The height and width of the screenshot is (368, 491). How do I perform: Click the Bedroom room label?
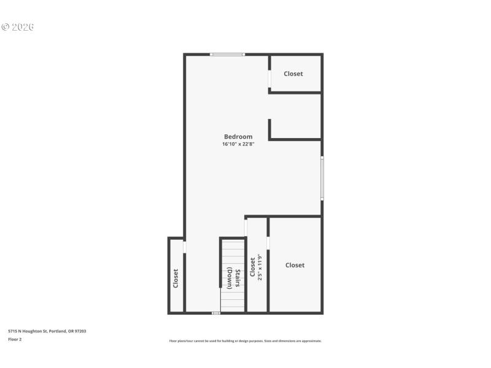tap(238, 137)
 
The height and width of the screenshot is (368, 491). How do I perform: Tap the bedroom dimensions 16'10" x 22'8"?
tap(238, 145)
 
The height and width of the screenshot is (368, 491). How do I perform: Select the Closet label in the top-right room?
tap(293, 74)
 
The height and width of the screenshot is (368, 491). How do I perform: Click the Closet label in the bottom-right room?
tap(295, 265)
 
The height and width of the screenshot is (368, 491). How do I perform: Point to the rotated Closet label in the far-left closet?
tap(176, 278)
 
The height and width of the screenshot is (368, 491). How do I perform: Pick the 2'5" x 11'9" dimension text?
tap(260, 267)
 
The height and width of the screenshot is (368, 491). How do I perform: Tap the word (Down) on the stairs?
tap(230, 278)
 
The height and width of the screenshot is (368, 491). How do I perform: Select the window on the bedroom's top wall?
tap(227, 55)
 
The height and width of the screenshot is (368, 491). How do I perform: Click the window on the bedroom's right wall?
tap(322, 178)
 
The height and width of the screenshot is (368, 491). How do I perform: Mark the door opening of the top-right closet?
tap(269, 79)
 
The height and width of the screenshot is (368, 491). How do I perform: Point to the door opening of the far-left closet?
tap(184, 247)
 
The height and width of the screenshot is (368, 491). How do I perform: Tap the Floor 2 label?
tap(15, 339)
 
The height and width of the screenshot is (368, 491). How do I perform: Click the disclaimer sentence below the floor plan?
tap(245, 341)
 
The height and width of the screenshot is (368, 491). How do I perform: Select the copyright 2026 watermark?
tap(18, 27)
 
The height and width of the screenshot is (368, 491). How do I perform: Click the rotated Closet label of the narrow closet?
tap(252, 267)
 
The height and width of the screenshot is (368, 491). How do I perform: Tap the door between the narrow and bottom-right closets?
tap(268, 243)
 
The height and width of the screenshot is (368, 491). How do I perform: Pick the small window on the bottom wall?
tap(215, 313)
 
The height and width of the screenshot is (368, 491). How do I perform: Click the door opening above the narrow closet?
tap(245, 228)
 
